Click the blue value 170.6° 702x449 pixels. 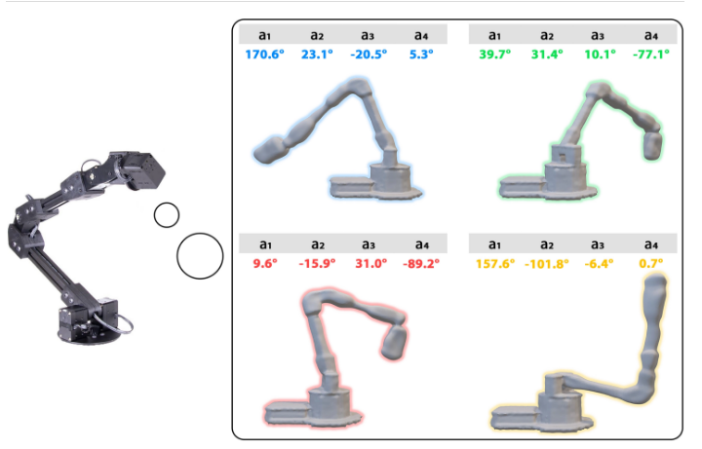tap(264, 55)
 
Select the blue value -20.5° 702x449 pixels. tap(369, 55)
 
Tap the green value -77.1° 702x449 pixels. tap(651, 55)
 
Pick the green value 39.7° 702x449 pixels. tap(494, 55)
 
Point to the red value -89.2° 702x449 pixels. tap(421, 263)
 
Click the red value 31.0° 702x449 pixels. tap(371, 263)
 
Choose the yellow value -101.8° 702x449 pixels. tap(547, 264)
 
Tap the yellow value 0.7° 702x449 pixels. tap(651, 263)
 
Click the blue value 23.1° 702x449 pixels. tap(317, 55)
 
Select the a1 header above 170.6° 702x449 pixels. tap(264, 35)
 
